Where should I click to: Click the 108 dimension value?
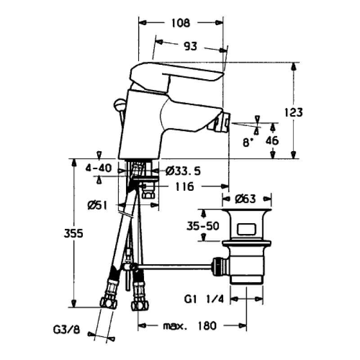click(x=181, y=23)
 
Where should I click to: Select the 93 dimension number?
click(x=190, y=47)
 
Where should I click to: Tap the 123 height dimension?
click(x=293, y=112)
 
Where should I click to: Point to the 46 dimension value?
click(x=272, y=140)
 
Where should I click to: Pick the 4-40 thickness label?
click(x=99, y=168)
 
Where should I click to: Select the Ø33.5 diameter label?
click(x=183, y=171)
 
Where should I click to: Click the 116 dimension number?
click(x=185, y=187)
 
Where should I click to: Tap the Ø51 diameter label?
click(x=98, y=206)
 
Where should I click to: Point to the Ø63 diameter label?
click(x=245, y=199)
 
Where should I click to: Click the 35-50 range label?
click(x=203, y=226)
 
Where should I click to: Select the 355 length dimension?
click(x=73, y=234)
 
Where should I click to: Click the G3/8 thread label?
click(x=67, y=330)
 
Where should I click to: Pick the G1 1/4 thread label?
click(x=204, y=299)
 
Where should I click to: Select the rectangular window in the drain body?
click(x=247, y=229)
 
